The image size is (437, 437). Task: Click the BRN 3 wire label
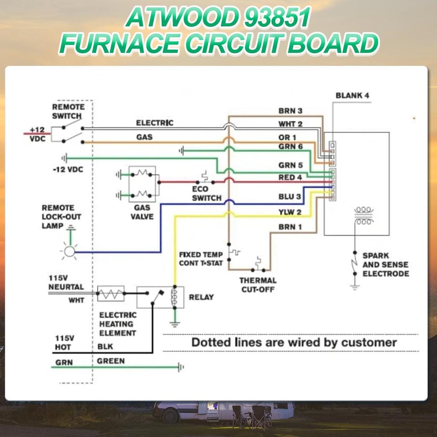291,111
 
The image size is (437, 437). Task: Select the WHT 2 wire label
291,124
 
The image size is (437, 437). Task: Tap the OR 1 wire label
287,137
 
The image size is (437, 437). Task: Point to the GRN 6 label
291,146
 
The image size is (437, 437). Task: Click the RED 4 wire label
290,177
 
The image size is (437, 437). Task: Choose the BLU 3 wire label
290,197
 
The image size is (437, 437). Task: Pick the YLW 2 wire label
290,213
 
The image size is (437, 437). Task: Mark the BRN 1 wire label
290,227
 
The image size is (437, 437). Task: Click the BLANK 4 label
352,96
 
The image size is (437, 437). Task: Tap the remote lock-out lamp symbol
69,252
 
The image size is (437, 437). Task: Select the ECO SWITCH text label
207,193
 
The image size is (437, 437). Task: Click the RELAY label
201,297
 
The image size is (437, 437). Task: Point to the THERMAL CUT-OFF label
258,285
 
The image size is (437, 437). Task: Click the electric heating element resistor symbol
111,293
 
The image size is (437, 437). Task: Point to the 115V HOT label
63,343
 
